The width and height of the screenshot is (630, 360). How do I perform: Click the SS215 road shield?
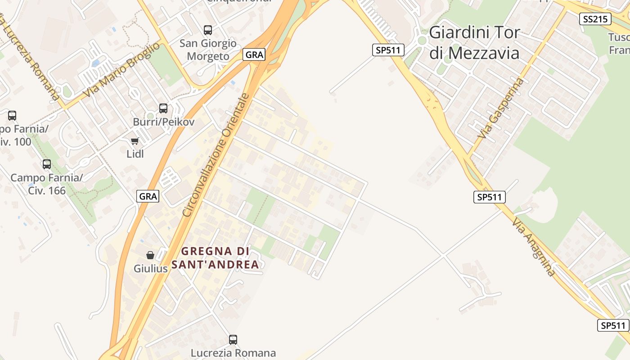pyautogui.click(x=594, y=19)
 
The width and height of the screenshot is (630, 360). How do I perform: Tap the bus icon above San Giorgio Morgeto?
pyautogui.click(x=208, y=30)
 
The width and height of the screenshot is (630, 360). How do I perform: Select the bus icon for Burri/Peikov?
pyautogui.click(x=163, y=108)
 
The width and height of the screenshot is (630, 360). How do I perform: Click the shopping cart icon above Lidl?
pyautogui.click(x=135, y=141)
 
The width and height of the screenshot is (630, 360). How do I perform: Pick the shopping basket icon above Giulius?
pyautogui.click(x=150, y=255)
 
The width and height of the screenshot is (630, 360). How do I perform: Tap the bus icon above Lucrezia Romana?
pyautogui.click(x=233, y=339)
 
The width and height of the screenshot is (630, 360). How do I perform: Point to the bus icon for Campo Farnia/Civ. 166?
pyautogui.click(x=47, y=164)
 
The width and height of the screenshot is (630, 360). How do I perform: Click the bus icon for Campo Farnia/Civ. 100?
pyautogui.click(x=12, y=116)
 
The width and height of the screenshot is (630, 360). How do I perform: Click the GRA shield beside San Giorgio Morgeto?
pyautogui.click(x=254, y=55)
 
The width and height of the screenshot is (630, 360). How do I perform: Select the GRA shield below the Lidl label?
pyautogui.click(x=148, y=196)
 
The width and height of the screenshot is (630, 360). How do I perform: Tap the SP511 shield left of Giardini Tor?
pyautogui.click(x=388, y=50)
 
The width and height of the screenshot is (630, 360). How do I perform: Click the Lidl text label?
pyautogui.click(x=135, y=154)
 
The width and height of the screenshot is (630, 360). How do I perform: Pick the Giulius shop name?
pyautogui.click(x=151, y=269)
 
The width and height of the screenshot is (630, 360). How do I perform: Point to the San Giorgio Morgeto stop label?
pyautogui.click(x=208, y=50)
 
